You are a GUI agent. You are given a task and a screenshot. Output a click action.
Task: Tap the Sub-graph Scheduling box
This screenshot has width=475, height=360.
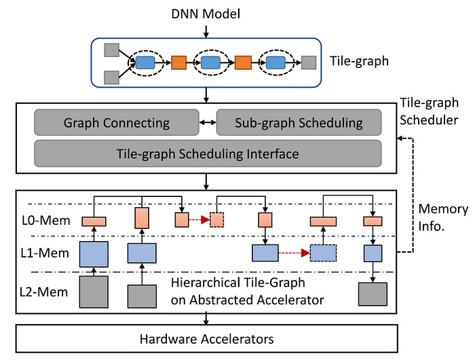pyautogui.click(x=299, y=124)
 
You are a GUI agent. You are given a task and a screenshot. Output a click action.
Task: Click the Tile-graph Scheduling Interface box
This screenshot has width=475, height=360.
pyautogui.click(x=208, y=154)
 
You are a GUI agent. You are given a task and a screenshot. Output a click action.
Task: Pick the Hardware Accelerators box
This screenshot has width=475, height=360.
pyautogui.click(x=206, y=338)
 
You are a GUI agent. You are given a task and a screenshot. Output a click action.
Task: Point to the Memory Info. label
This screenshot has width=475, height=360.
pyautogui.click(x=442, y=217)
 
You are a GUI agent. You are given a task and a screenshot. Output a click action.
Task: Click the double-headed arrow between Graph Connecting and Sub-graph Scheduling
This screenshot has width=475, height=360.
pyautogui.click(x=206, y=124)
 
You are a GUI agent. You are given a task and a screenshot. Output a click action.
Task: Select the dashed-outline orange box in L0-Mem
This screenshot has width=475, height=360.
pyautogui.click(x=217, y=220)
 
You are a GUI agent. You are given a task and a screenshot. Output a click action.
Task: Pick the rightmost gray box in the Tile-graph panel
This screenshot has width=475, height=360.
pyautogui.click(x=309, y=62)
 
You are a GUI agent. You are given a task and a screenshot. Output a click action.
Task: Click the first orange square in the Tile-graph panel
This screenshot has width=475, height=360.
pyautogui.click(x=179, y=63)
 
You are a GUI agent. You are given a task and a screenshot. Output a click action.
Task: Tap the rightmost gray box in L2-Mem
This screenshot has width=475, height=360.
pyautogui.click(x=373, y=293)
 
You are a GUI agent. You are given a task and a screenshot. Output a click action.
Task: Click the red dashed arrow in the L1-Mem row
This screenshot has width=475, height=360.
pyautogui.click(x=294, y=253)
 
